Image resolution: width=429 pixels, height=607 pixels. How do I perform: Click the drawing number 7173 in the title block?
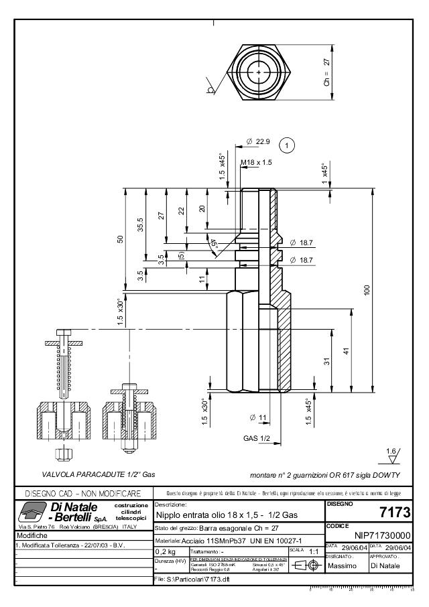(395, 513)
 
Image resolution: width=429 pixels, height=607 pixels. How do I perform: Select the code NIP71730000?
(381, 536)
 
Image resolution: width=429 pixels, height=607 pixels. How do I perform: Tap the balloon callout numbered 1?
(287, 145)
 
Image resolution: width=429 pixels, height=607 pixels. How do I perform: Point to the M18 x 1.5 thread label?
(256, 162)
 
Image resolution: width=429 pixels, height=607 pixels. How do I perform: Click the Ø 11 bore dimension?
(258, 418)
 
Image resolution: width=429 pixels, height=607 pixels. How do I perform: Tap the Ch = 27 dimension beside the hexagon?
(327, 72)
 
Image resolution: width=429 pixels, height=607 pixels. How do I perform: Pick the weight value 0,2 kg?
(166, 552)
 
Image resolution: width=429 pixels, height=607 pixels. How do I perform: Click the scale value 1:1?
(313, 552)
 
